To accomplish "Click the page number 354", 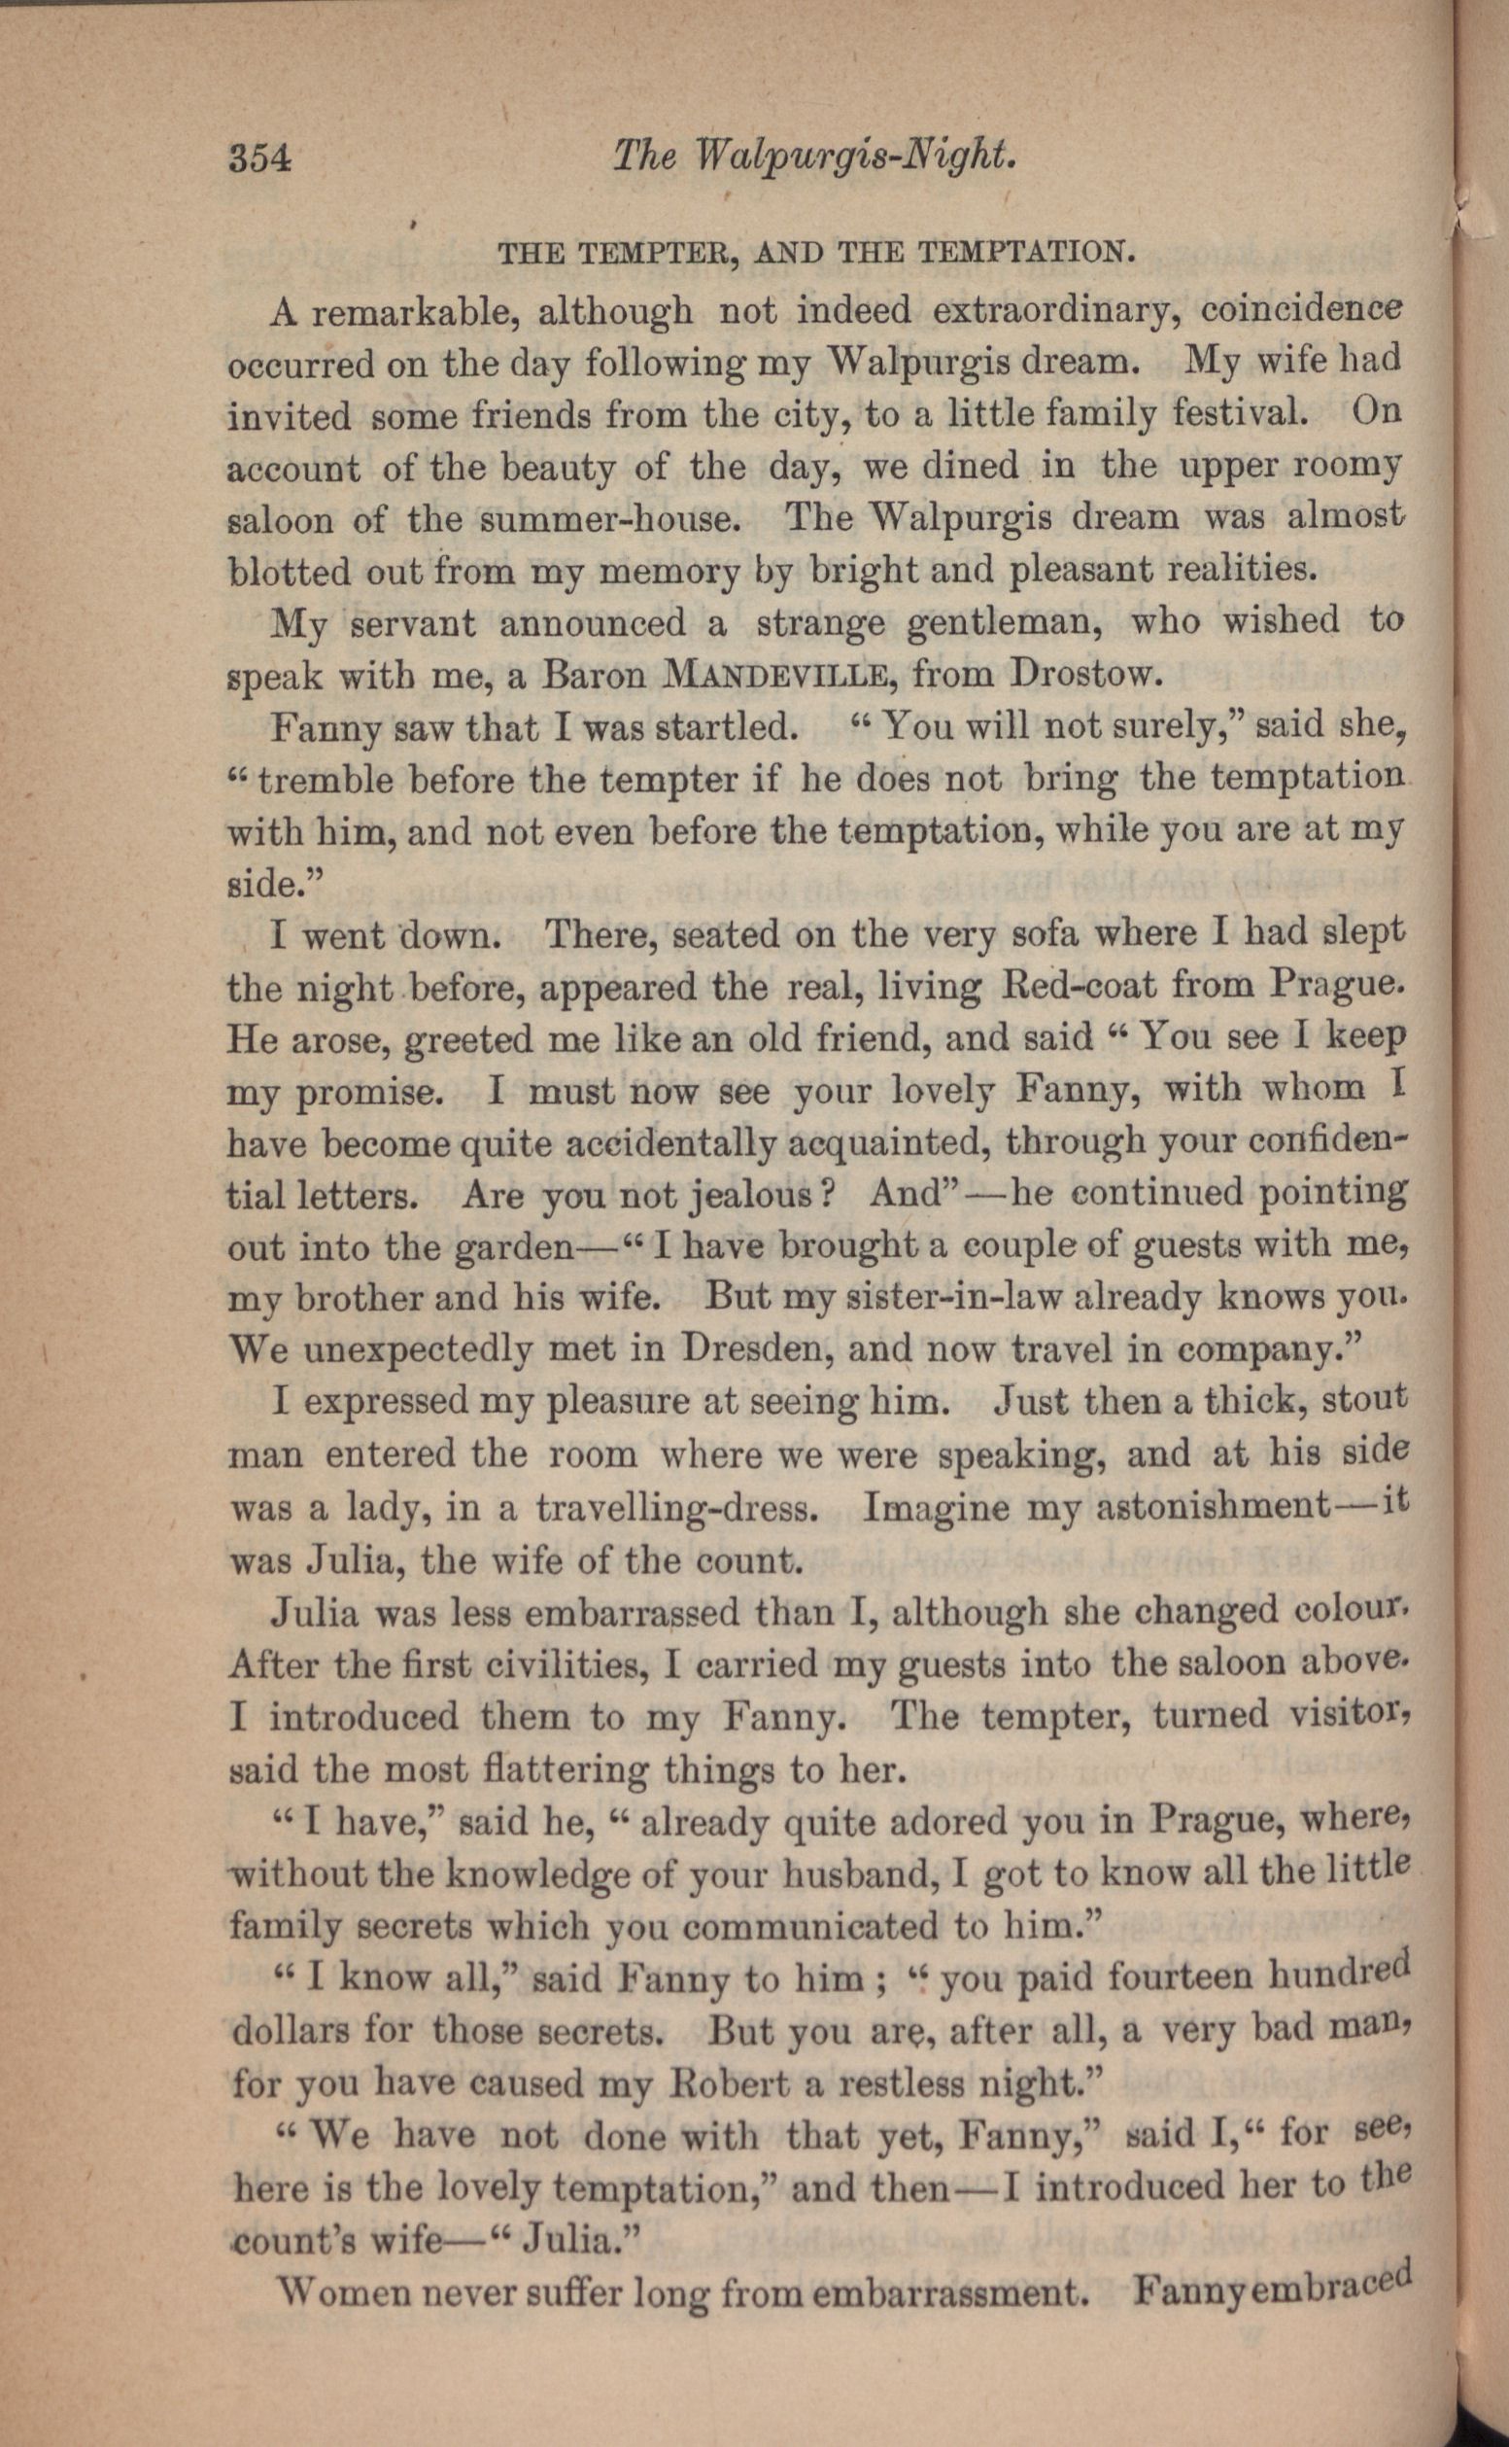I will (x=259, y=158).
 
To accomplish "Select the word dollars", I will (x=290, y=2030).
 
